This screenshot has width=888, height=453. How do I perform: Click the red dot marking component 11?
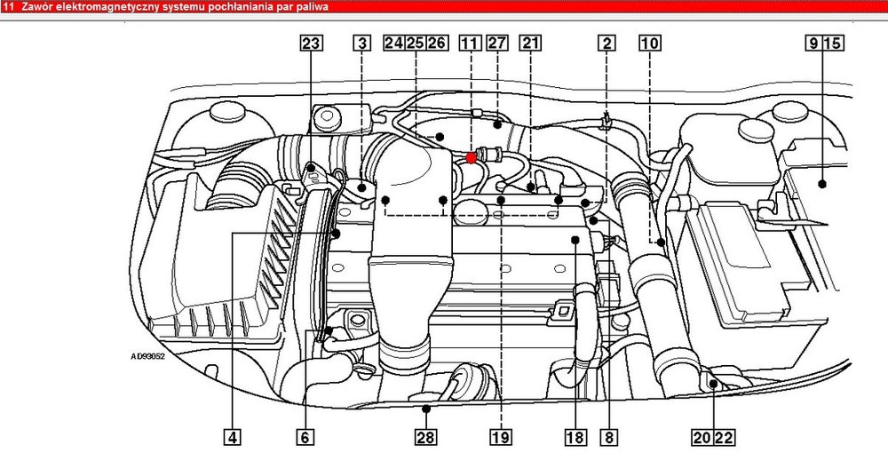pyautogui.click(x=471, y=158)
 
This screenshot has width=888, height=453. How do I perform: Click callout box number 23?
pyautogui.click(x=311, y=43)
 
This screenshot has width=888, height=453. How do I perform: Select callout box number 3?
pyautogui.click(x=362, y=43)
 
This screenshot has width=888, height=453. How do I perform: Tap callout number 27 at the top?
pyautogui.click(x=497, y=43)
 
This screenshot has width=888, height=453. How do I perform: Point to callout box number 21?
pyautogui.click(x=530, y=43)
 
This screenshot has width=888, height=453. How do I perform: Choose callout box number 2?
pyautogui.click(x=607, y=43)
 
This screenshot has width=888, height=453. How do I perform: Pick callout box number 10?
pyautogui.click(x=650, y=43)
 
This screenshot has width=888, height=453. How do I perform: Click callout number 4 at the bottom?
pyautogui.click(x=232, y=437)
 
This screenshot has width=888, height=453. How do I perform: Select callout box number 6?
pyautogui.click(x=305, y=437)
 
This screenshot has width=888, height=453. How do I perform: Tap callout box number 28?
pyautogui.click(x=426, y=437)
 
